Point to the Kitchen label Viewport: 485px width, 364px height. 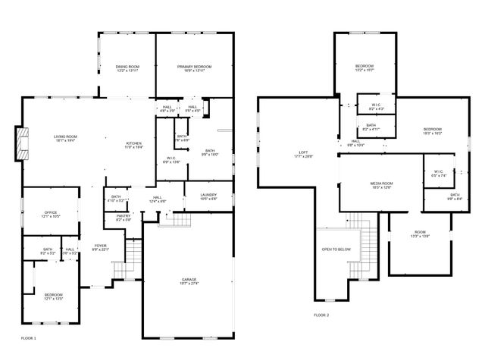[133, 146]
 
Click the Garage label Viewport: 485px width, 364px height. [189, 281]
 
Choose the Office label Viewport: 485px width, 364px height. [50, 215]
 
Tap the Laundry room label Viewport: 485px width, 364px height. [208, 197]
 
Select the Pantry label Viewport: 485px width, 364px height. [124, 218]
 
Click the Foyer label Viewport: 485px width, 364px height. [100, 247]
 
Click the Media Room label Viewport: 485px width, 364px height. [382, 185]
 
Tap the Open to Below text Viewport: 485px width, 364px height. [336, 249]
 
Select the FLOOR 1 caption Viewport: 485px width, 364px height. [28, 337]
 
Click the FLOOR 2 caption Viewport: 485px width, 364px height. [321, 315]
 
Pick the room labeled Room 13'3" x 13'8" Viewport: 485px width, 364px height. [420, 234]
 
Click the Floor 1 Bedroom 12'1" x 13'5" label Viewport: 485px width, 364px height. [53, 297]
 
